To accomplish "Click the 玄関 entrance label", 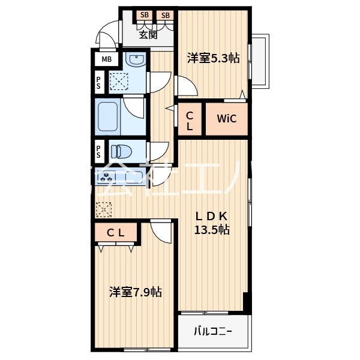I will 148,35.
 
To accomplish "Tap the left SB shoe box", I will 145,15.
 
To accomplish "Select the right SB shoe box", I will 165,15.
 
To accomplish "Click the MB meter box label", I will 106,59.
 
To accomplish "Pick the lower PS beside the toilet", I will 98,148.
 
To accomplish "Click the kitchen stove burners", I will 107,178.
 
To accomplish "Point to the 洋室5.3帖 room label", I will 213,58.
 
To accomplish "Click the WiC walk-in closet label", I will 226,118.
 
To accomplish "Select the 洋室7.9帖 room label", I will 135,292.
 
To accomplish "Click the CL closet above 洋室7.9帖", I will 116,233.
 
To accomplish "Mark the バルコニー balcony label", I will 212,331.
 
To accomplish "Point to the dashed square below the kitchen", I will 104,209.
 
